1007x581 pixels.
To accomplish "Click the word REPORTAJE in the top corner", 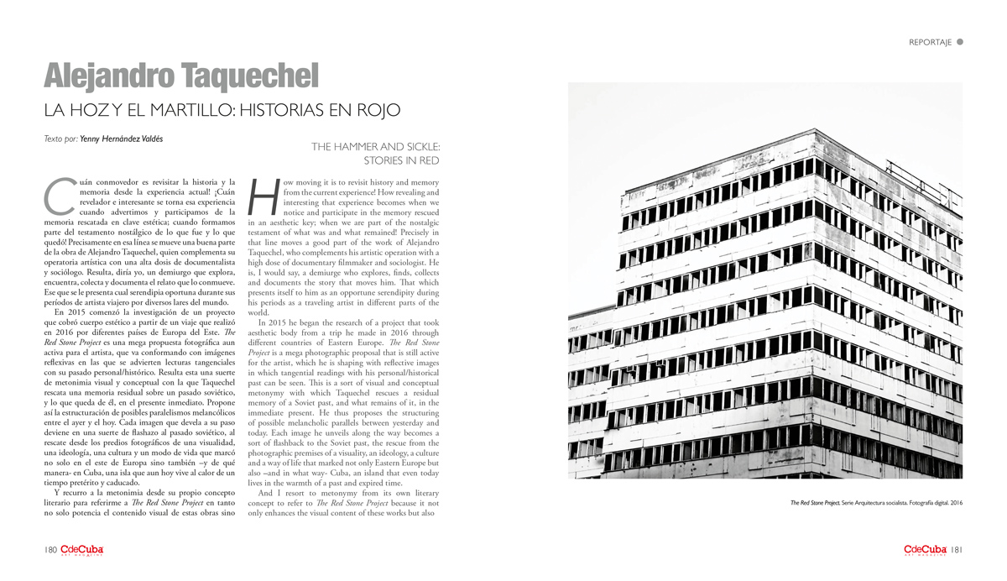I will [930, 42].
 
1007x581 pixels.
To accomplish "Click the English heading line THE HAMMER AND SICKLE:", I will [375, 146].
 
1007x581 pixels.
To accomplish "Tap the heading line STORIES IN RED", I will [401, 160].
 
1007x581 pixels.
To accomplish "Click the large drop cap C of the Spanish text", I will [55, 194].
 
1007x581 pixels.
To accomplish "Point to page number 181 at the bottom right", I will [957, 550].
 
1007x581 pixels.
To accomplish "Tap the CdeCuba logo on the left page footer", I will [81, 550].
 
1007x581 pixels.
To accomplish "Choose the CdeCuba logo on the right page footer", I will [926, 550].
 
